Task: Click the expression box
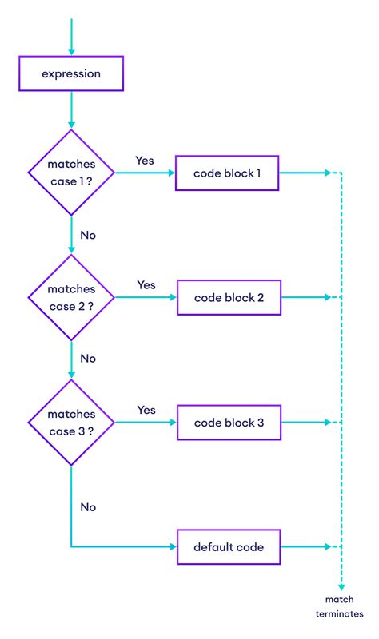point(71,73)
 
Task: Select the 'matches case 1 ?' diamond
point(71,173)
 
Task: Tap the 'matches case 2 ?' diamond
point(71,297)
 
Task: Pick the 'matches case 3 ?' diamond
point(71,422)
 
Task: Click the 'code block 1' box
point(227,173)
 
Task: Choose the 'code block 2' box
point(228,297)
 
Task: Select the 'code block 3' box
point(228,422)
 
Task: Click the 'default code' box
point(228,547)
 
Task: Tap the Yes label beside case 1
point(145,160)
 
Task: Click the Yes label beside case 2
point(146,284)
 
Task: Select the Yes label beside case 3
point(146,409)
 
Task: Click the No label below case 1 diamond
point(88,236)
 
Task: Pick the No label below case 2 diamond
point(88,359)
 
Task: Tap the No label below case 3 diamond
point(88,506)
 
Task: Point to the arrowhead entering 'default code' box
point(171,547)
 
